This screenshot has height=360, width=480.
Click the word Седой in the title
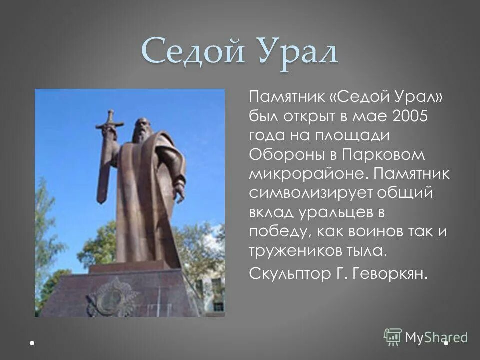click(191, 52)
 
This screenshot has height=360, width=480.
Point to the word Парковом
click(383, 154)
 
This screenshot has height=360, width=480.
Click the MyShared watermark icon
click(393, 337)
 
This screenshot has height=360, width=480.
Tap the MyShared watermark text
click(436, 337)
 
